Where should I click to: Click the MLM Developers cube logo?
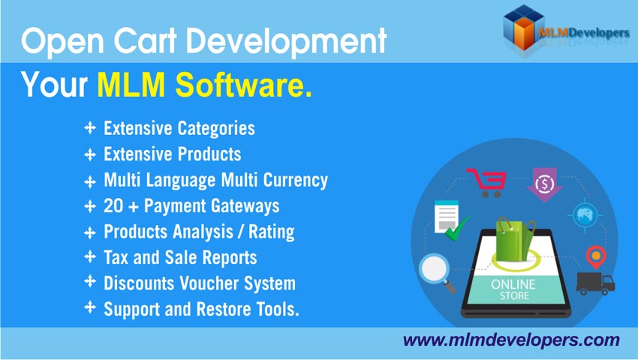[x=523, y=26]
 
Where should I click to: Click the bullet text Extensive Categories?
[x=179, y=128]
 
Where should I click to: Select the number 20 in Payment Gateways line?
[x=113, y=206]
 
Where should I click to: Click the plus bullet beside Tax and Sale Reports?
[x=90, y=257]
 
